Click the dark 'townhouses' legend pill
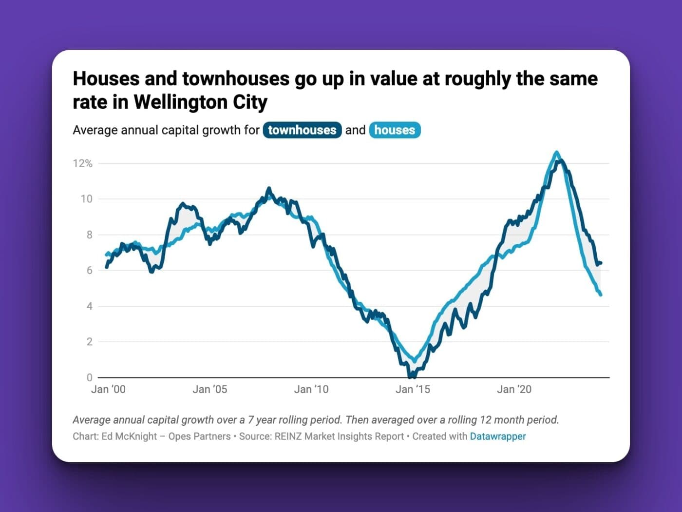(x=302, y=130)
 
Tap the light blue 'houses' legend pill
(x=395, y=130)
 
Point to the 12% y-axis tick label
(x=83, y=163)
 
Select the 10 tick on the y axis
(x=86, y=199)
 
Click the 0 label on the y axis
(x=89, y=377)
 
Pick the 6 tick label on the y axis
(x=89, y=270)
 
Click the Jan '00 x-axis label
(x=108, y=389)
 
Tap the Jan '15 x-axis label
(x=413, y=389)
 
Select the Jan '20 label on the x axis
(x=514, y=389)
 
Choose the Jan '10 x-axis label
(x=311, y=389)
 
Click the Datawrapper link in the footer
(x=497, y=436)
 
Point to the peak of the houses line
(x=557, y=153)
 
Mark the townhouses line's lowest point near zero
(x=412, y=376)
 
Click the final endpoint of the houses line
(x=601, y=295)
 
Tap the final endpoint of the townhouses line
(x=601, y=263)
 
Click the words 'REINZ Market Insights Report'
(x=339, y=436)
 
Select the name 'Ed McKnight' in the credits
(x=129, y=436)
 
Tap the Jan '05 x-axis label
(x=209, y=389)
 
